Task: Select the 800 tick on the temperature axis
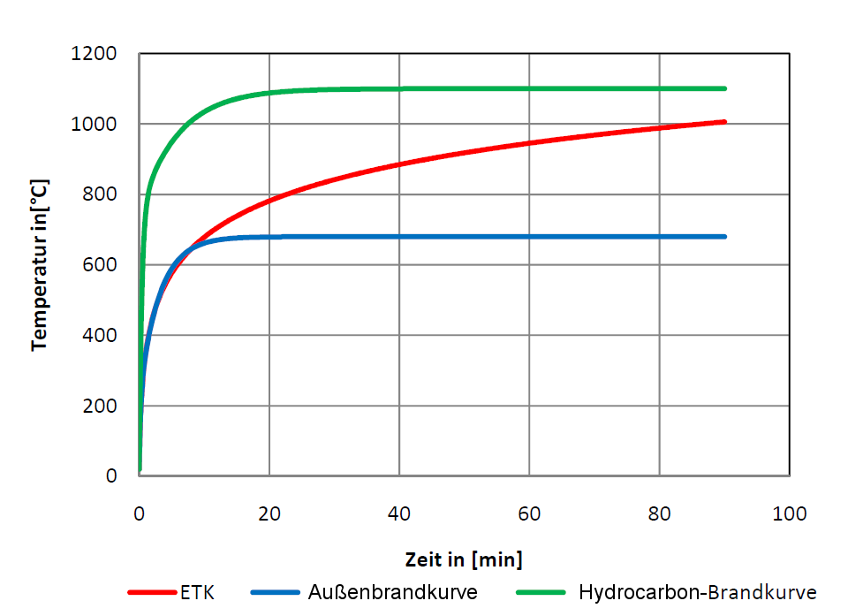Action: click(x=102, y=194)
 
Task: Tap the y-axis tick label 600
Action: click(x=102, y=265)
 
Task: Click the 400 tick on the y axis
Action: click(x=102, y=336)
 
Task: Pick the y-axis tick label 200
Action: click(x=102, y=407)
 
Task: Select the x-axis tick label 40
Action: click(x=399, y=514)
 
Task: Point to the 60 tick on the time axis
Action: click(x=529, y=514)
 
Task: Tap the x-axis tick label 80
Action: click(x=659, y=514)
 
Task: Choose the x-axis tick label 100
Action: click(x=789, y=514)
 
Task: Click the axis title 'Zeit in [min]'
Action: click(x=464, y=559)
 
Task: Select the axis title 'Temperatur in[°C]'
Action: click(x=39, y=265)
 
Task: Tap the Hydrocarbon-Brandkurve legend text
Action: click(x=697, y=592)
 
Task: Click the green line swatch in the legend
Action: click(x=541, y=592)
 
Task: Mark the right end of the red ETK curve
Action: click(x=724, y=121)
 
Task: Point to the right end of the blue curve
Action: click(x=724, y=237)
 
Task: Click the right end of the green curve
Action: click(x=724, y=88)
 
